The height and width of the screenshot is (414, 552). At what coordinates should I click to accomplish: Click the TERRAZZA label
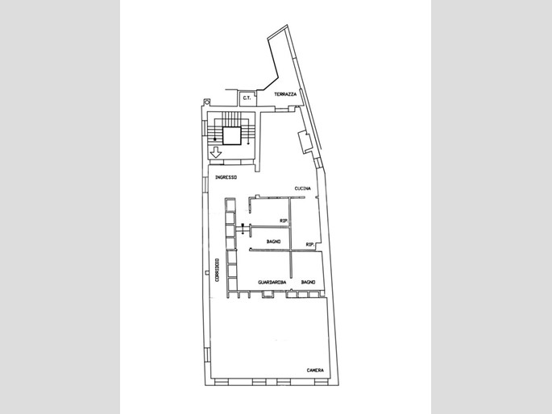pos(285,94)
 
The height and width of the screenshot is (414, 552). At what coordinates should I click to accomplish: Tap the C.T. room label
pos(247,98)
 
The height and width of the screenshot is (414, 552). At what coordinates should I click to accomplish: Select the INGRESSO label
pos(226,177)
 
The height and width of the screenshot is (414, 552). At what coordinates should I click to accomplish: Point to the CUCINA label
pos(303,188)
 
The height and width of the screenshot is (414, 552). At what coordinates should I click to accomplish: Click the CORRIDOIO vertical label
pos(217,270)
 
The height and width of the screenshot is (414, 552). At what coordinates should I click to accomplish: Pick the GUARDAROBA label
pos(272,282)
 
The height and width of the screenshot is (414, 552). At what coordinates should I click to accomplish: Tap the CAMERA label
pos(315,370)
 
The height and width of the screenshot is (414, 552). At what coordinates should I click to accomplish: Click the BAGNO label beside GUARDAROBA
pos(308,282)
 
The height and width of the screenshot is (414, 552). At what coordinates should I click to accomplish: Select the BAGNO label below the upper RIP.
pos(273,242)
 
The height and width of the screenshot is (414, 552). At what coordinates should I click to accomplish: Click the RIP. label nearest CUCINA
pos(284,221)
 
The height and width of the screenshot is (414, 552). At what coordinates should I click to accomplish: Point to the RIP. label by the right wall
pos(310,245)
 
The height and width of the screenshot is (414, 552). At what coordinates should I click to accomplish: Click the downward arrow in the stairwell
pos(215,152)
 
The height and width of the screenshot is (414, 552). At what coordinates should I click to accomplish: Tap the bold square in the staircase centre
pos(232,136)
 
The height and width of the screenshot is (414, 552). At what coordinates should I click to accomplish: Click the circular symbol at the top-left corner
pos(206,101)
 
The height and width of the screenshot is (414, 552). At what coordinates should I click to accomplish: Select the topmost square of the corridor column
pos(230,205)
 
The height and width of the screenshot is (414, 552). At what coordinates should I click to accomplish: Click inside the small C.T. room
pos(247,99)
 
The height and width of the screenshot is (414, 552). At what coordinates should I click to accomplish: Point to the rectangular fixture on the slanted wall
pos(305,142)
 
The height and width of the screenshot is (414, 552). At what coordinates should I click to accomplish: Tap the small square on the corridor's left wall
pos(206,272)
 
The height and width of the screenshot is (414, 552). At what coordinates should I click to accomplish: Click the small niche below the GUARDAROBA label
pos(268,294)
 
